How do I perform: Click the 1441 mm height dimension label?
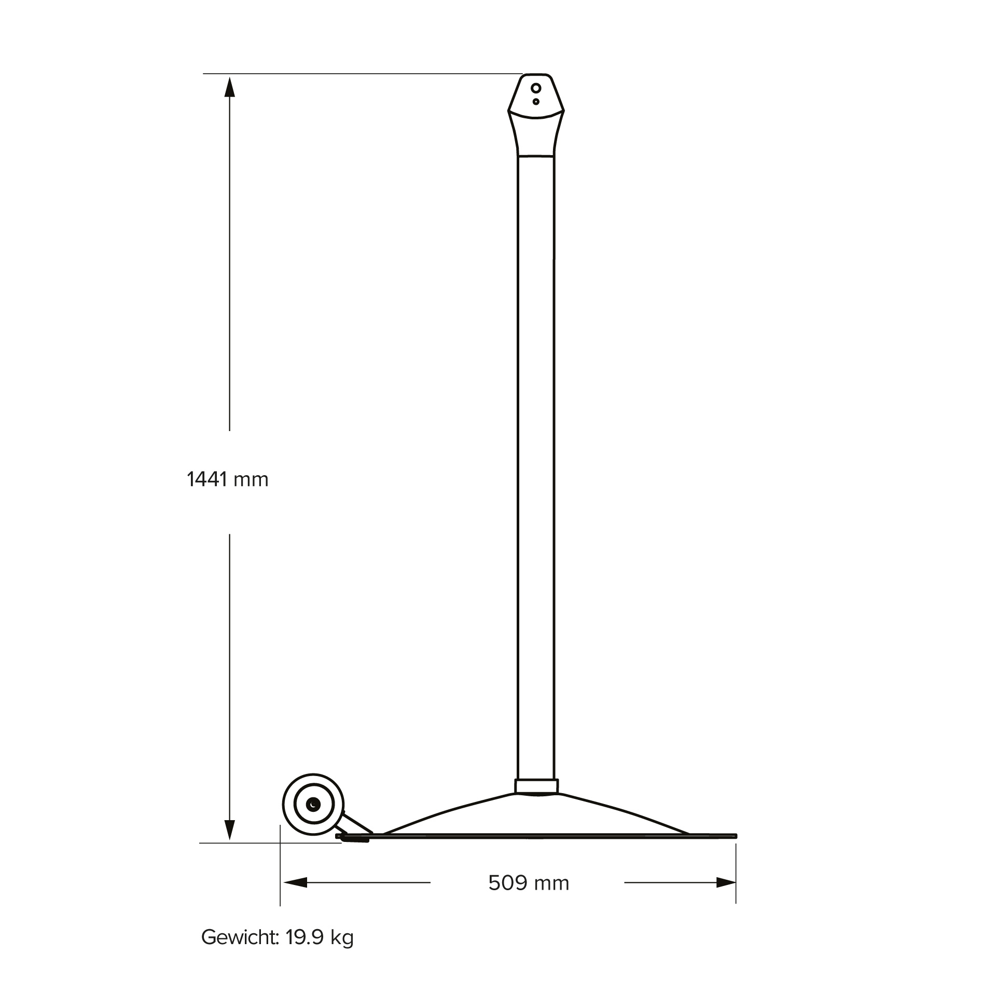pos(227,479)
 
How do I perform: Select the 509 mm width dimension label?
pos(528,882)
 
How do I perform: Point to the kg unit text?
pos(342,938)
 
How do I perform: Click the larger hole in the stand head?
pos(536,88)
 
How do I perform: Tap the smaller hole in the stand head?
pos(536,102)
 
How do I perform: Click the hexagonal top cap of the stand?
pos(536,96)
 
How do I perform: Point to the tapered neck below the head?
pos(536,136)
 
